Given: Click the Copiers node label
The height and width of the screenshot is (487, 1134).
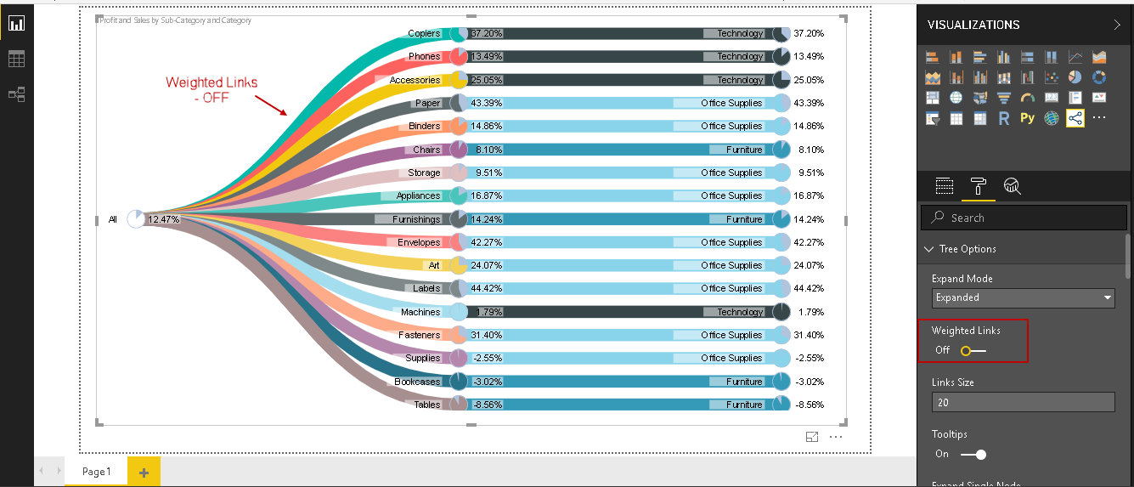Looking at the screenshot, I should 424,33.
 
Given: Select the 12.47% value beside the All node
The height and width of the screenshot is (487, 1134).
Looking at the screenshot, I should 163,219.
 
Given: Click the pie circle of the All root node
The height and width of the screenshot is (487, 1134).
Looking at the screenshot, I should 136,219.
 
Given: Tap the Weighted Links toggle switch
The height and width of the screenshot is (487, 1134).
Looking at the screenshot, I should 973,350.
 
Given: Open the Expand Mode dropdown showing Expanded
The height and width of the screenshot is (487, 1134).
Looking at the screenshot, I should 1023,297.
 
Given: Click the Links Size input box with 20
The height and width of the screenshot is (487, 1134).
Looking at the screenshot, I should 1023,402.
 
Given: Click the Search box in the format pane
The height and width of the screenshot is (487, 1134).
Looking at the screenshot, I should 1024,218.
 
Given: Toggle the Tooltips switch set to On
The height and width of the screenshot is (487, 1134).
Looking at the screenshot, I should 973,454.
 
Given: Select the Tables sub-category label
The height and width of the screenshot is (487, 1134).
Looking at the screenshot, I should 426,405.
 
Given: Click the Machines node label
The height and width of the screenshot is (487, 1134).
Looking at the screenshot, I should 420,312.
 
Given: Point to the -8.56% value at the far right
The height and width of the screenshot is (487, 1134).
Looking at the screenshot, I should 810,405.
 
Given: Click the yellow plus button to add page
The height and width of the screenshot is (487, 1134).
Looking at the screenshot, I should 144,472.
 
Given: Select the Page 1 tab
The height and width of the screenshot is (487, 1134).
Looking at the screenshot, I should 96,472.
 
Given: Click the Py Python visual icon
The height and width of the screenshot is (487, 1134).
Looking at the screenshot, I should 1027,118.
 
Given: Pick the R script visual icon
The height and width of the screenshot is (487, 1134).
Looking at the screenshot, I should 1003,118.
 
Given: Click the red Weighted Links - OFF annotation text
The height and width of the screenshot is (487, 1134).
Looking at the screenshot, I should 212,89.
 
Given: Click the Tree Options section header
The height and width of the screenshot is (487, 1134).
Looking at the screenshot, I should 968,249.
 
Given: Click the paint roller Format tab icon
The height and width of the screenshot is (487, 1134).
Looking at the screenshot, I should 978,186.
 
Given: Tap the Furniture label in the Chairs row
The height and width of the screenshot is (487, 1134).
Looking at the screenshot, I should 744,150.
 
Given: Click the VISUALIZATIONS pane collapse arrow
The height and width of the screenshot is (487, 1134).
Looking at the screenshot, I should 1116,25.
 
